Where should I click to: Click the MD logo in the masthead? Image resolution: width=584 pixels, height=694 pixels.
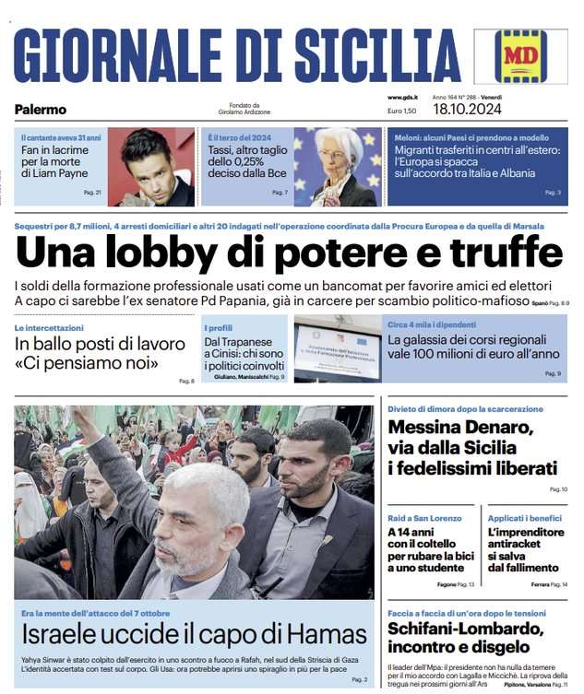520,56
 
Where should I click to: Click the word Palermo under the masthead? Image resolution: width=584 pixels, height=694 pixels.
41,110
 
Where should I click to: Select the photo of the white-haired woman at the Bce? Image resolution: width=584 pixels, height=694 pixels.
338,167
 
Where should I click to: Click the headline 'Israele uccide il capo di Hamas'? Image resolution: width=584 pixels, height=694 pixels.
194,634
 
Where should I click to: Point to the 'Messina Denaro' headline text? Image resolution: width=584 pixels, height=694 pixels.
460,428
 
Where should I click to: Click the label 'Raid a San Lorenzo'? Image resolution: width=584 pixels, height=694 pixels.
423,520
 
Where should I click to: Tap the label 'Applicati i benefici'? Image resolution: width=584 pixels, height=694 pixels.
523,520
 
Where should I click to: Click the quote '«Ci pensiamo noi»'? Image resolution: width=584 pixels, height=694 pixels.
87,363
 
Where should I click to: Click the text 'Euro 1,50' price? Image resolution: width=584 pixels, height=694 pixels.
402,111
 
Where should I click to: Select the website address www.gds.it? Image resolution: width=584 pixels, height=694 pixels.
402,97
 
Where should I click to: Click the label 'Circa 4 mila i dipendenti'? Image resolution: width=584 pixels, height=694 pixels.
432,324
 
